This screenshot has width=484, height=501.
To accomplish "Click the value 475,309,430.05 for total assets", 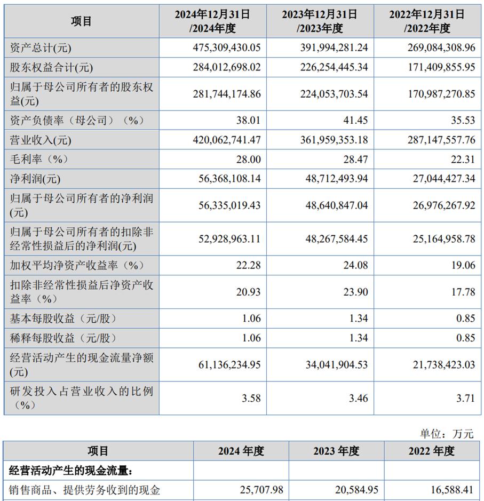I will [227, 48].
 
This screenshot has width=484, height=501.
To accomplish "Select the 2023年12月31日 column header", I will [320, 21].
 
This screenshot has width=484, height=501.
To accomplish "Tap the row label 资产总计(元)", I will [41, 48].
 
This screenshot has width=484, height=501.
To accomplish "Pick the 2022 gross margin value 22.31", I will [461, 159].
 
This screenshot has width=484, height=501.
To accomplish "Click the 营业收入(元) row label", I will [41, 140].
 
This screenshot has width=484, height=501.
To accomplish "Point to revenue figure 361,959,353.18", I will [333, 140].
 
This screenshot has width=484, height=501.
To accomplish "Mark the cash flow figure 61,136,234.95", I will [227, 365].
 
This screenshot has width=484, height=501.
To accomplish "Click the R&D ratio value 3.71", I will [464, 398].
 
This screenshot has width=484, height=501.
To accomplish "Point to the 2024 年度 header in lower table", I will [241, 451].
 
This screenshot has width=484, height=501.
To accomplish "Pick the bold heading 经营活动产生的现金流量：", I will [70, 470].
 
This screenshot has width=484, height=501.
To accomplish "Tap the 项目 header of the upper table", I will [81, 21].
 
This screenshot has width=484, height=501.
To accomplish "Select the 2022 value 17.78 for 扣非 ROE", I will [461, 292].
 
